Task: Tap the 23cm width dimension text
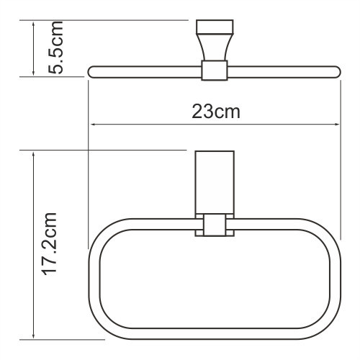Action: click(x=215, y=112)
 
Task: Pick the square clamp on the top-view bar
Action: click(x=212, y=71)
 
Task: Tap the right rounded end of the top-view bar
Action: click(x=336, y=71)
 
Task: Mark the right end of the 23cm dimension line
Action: click(x=339, y=124)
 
